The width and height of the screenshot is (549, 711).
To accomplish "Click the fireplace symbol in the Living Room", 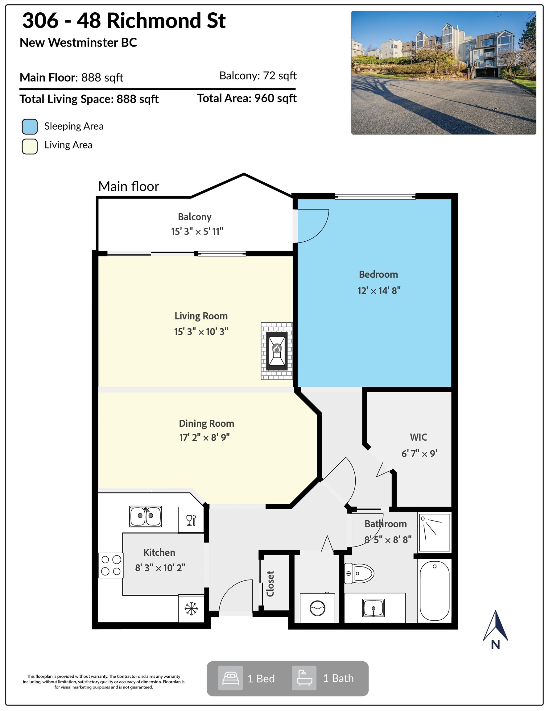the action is coord(277,351).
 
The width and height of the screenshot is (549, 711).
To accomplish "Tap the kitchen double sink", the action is coord(145,516).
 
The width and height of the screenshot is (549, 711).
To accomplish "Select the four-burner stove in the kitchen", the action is coord(111,566).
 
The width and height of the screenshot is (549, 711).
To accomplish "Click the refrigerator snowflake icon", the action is coord(191,609).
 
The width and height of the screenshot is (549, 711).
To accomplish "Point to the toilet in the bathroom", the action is coord(359,573).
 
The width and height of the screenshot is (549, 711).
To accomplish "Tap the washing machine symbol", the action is coord(317,608).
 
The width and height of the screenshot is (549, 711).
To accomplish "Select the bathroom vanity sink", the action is coord(373,608).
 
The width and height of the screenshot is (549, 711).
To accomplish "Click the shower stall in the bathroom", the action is coord(435,532).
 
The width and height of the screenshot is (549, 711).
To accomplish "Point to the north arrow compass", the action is coord(495,630).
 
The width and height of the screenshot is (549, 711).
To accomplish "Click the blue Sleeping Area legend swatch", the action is coord(30,126).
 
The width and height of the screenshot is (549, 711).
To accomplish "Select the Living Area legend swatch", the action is coord(30,146).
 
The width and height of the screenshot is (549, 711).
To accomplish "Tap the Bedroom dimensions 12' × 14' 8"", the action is coord(379,290).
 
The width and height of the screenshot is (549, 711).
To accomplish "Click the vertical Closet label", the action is coord(270,584).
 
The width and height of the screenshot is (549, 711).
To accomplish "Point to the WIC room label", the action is coord(419,437).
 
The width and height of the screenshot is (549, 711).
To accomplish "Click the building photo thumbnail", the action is coord(444,73).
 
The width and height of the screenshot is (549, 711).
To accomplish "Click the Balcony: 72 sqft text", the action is coord(258,76).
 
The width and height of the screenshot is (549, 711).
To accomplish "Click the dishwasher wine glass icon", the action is coord(191,520).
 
